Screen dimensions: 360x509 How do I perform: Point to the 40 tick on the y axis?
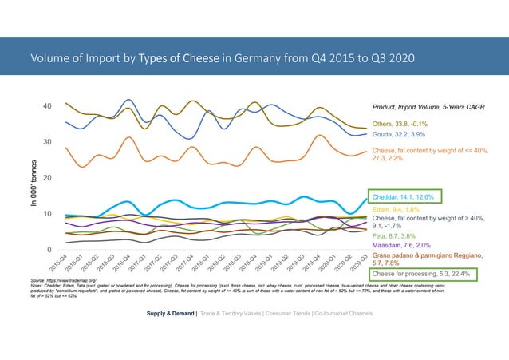pos(48,106)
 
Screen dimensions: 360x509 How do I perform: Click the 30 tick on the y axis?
pos(48,142)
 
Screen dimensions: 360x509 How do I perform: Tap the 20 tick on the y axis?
pos(48,178)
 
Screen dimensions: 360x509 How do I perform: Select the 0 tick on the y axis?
pos(50,250)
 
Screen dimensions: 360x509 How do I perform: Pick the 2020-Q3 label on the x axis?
pos(359,265)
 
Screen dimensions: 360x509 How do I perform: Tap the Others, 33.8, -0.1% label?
pos(405,125)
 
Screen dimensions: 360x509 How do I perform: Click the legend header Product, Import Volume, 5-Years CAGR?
pos(428,107)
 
